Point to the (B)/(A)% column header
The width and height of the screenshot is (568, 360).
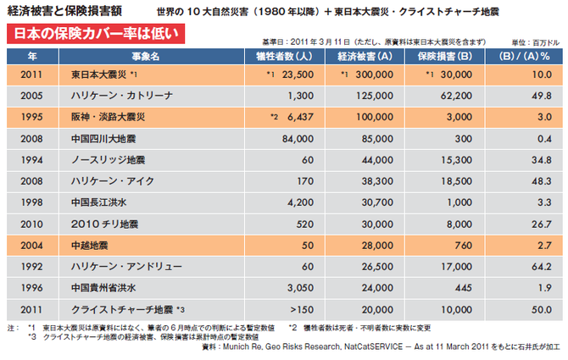coord(522,55)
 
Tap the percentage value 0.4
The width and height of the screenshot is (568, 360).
coord(543,137)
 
